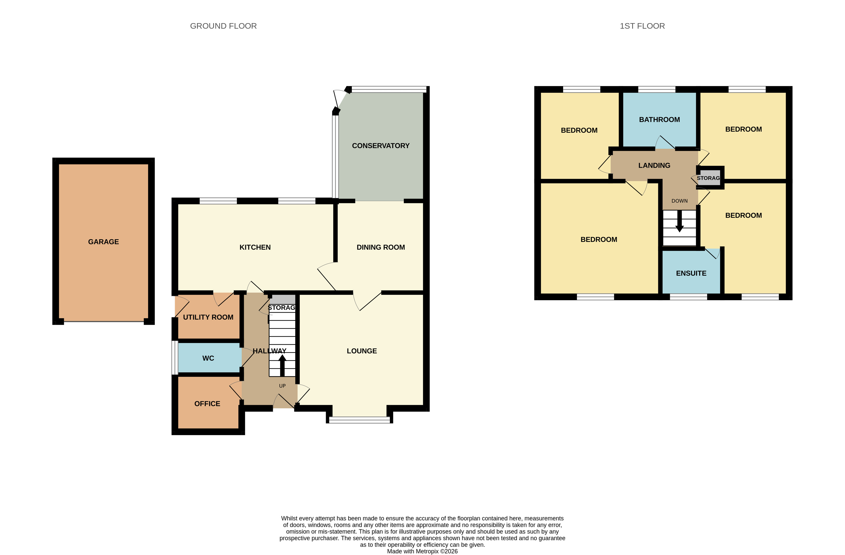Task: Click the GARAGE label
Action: point(103,242)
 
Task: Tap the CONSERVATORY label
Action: point(381,145)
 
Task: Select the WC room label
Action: point(208,358)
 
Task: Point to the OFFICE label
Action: point(207,403)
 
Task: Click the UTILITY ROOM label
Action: point(208,317)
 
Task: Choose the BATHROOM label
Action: point(659,119)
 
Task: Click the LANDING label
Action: point(654,165)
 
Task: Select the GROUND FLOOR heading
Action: point(223,26)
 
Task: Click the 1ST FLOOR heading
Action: point(642,26)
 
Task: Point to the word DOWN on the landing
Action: point(679,201)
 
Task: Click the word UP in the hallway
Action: point(282,386)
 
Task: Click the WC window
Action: point(175,358)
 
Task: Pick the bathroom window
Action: point(657,89)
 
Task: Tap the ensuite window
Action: point(688,297)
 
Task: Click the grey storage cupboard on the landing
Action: point(709,178)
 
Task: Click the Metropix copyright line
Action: point(422,551)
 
